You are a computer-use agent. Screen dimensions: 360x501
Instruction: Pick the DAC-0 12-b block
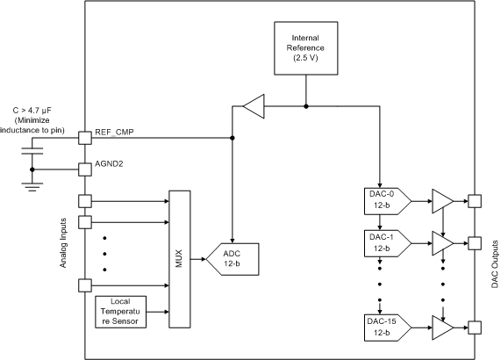tap(381, 200)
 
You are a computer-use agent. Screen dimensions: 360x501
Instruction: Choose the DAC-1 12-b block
tap(381, 242)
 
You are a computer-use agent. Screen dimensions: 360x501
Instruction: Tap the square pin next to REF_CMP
tap(84, 138)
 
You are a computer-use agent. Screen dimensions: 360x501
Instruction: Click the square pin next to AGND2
tap(84, 167)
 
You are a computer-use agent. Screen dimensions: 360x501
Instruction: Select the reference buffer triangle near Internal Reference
tap(253, 108)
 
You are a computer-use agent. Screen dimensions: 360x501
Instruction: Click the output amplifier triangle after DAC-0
tap(442, 201)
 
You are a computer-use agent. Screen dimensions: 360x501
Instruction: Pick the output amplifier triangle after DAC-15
tap(442, 328)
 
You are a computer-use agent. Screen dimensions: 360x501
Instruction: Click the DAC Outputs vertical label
tap(494, 263)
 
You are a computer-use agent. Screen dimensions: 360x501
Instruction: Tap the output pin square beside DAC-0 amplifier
tap(475, 201)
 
